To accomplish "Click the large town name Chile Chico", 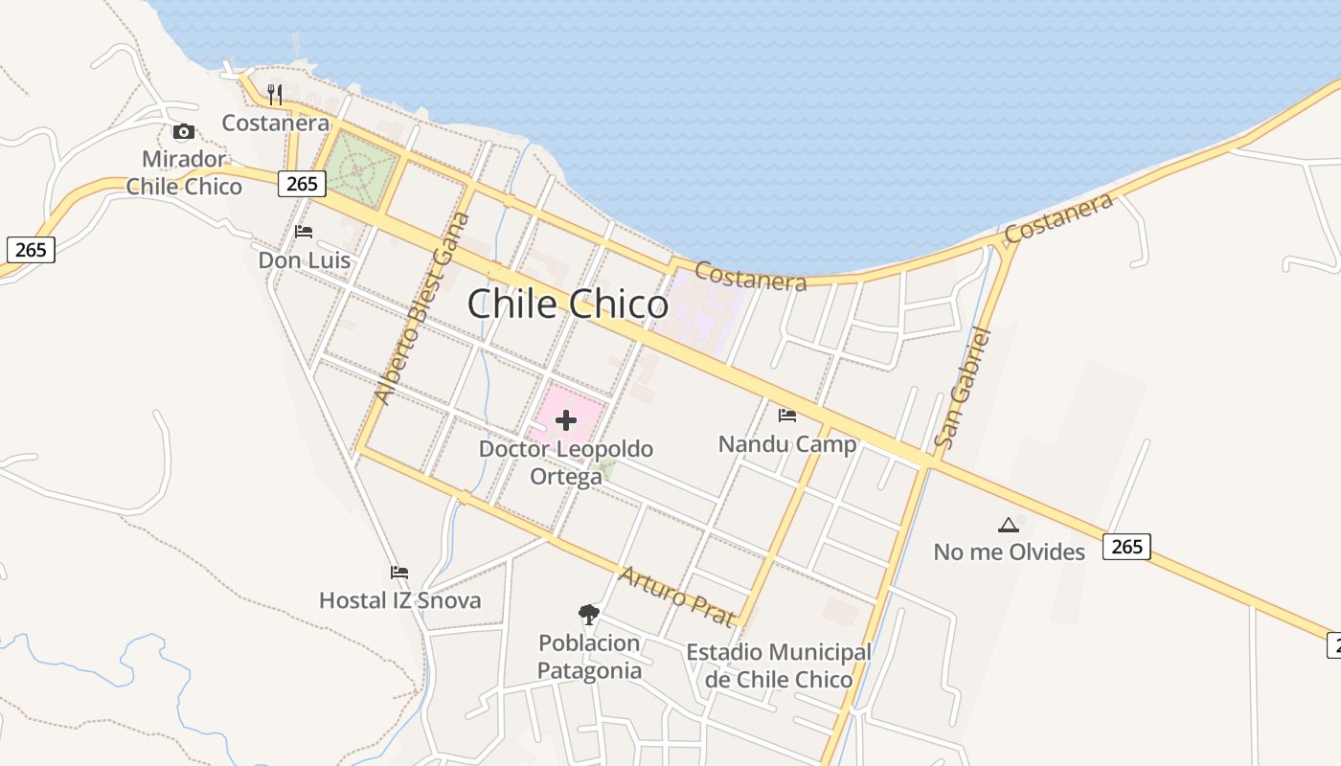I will [567, 304].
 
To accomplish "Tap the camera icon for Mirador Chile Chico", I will [183, 131].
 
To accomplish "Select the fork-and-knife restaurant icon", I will [275, 94].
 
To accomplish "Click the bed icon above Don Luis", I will [304, 232].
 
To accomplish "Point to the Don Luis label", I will [304, 260].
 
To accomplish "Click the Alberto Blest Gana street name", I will [422, 308].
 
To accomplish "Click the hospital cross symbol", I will [565, 419].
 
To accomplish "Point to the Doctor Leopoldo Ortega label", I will [566, 462].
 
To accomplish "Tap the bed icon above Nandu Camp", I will [786, 415].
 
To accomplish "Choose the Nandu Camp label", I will [786, 444].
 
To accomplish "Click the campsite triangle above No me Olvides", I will [1008, 525].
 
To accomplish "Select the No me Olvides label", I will [1009, 552].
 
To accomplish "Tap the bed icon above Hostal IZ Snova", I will [399, 573].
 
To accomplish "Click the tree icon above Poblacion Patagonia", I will [588, 614].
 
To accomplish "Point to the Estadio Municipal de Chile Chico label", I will [778, 665].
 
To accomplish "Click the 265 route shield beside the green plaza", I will [302, 183].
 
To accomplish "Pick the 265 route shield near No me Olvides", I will [1126, 546].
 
